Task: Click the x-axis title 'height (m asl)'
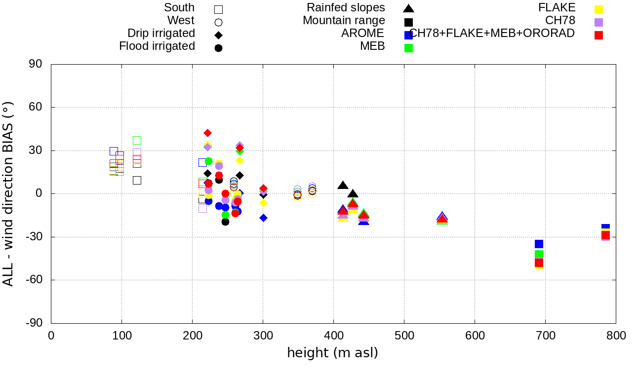(x=332, y=353)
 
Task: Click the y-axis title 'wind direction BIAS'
(x=8, y=194)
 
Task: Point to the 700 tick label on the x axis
(x=545, y=336)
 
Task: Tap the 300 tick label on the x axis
(x=263, y=336)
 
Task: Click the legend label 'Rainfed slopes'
(x=346, y=7)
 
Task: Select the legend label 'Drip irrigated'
(x=161, y=33)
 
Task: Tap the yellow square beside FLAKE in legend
(x=598, y=9)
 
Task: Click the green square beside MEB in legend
(x=408, y=48)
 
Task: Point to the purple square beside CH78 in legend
(x=598, y=22)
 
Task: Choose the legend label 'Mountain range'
(x=344, y=20)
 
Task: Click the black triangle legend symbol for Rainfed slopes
(x=408, y=8)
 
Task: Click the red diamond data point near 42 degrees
(x=207, y=133)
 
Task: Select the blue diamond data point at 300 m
(x=263, y=218)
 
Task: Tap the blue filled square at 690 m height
(x=539, y=244)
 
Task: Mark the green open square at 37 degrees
(x=137, y=140)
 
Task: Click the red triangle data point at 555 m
(x=442, y=220)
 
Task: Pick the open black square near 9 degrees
(x=137, y=180)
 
